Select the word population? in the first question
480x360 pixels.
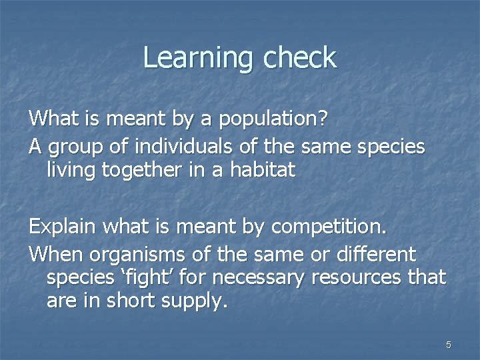tap(274, 120)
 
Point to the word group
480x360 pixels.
tap(73, 146)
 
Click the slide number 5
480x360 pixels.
tap(449, 345)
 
